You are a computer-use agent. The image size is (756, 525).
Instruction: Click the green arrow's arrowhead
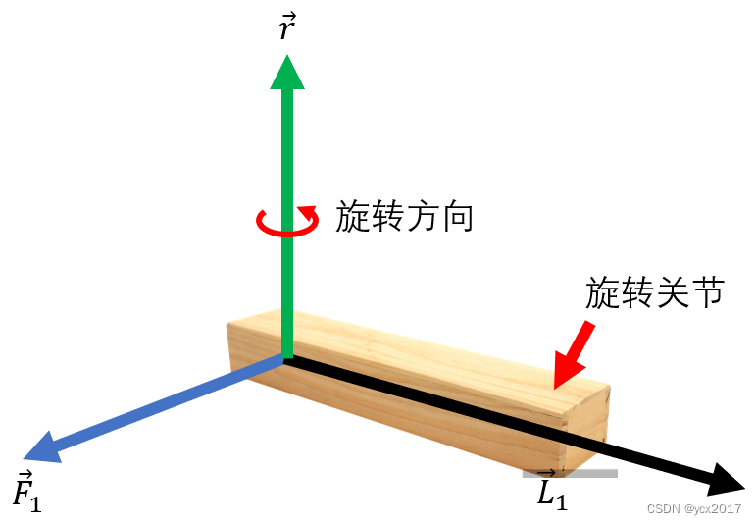click(286, 72)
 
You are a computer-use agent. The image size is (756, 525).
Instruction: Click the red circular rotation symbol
click(287, 222)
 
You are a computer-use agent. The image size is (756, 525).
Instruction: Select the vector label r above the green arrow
click(286, 28)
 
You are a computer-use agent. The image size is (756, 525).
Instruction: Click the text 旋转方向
click(404, 217)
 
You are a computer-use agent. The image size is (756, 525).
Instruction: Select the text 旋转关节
click(654, 291)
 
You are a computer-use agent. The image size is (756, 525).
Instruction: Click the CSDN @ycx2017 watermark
click(694, 508)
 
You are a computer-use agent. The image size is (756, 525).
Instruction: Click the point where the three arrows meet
click(285, 359)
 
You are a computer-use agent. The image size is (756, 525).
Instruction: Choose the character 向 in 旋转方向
click(457, 217)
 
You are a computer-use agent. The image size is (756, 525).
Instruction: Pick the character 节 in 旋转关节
click(707, 291)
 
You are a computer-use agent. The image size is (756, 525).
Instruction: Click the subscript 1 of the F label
click(35, 503)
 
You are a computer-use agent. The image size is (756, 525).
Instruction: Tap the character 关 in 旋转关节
click(672, 291)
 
